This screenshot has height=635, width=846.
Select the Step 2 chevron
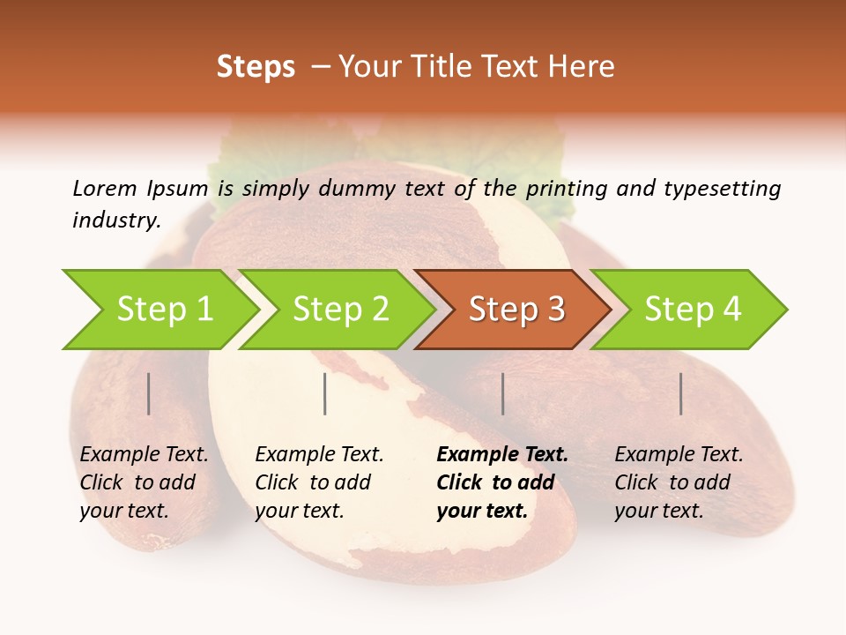tap(339, 310)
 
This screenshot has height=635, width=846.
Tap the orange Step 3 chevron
tap(516, 310)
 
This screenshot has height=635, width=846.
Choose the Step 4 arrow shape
tap(692, 310)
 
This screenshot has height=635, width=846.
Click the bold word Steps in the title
tap(256, 67)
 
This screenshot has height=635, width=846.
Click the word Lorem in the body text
tap(105, 188)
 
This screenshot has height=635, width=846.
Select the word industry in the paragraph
tap(115, 220)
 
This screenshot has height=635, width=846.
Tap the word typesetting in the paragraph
tap(722, 189)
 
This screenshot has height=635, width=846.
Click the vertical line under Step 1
tap(149, 393)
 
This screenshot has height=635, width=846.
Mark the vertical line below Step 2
tap(325, 393)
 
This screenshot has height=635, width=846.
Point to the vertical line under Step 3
tap(503, 393)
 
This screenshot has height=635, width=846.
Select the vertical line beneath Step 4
tap(681, 393)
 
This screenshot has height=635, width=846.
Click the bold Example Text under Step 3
tap(502, 455)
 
